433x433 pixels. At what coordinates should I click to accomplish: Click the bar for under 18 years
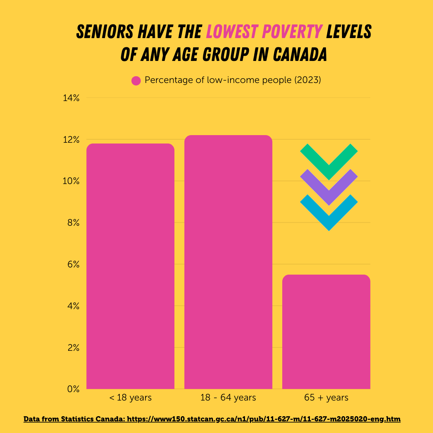pos(130,266)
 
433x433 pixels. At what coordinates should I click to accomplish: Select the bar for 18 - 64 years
pos(228,262)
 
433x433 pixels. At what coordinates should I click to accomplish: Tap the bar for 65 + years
pos(326,332)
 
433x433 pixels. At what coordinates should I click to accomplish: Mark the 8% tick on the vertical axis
pos(73,223)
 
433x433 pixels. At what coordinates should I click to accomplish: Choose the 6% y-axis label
pos(73,265)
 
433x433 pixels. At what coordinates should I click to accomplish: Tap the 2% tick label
pos(73,348)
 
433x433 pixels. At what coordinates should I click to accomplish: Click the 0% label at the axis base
pos(73,389)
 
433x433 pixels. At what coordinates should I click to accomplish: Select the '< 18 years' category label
pos(130,398)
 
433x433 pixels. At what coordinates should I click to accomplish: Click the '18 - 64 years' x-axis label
pos(228,398)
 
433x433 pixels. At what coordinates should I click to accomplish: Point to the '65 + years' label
pos(326,398)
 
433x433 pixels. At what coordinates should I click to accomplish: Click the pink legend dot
pos(136,81)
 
